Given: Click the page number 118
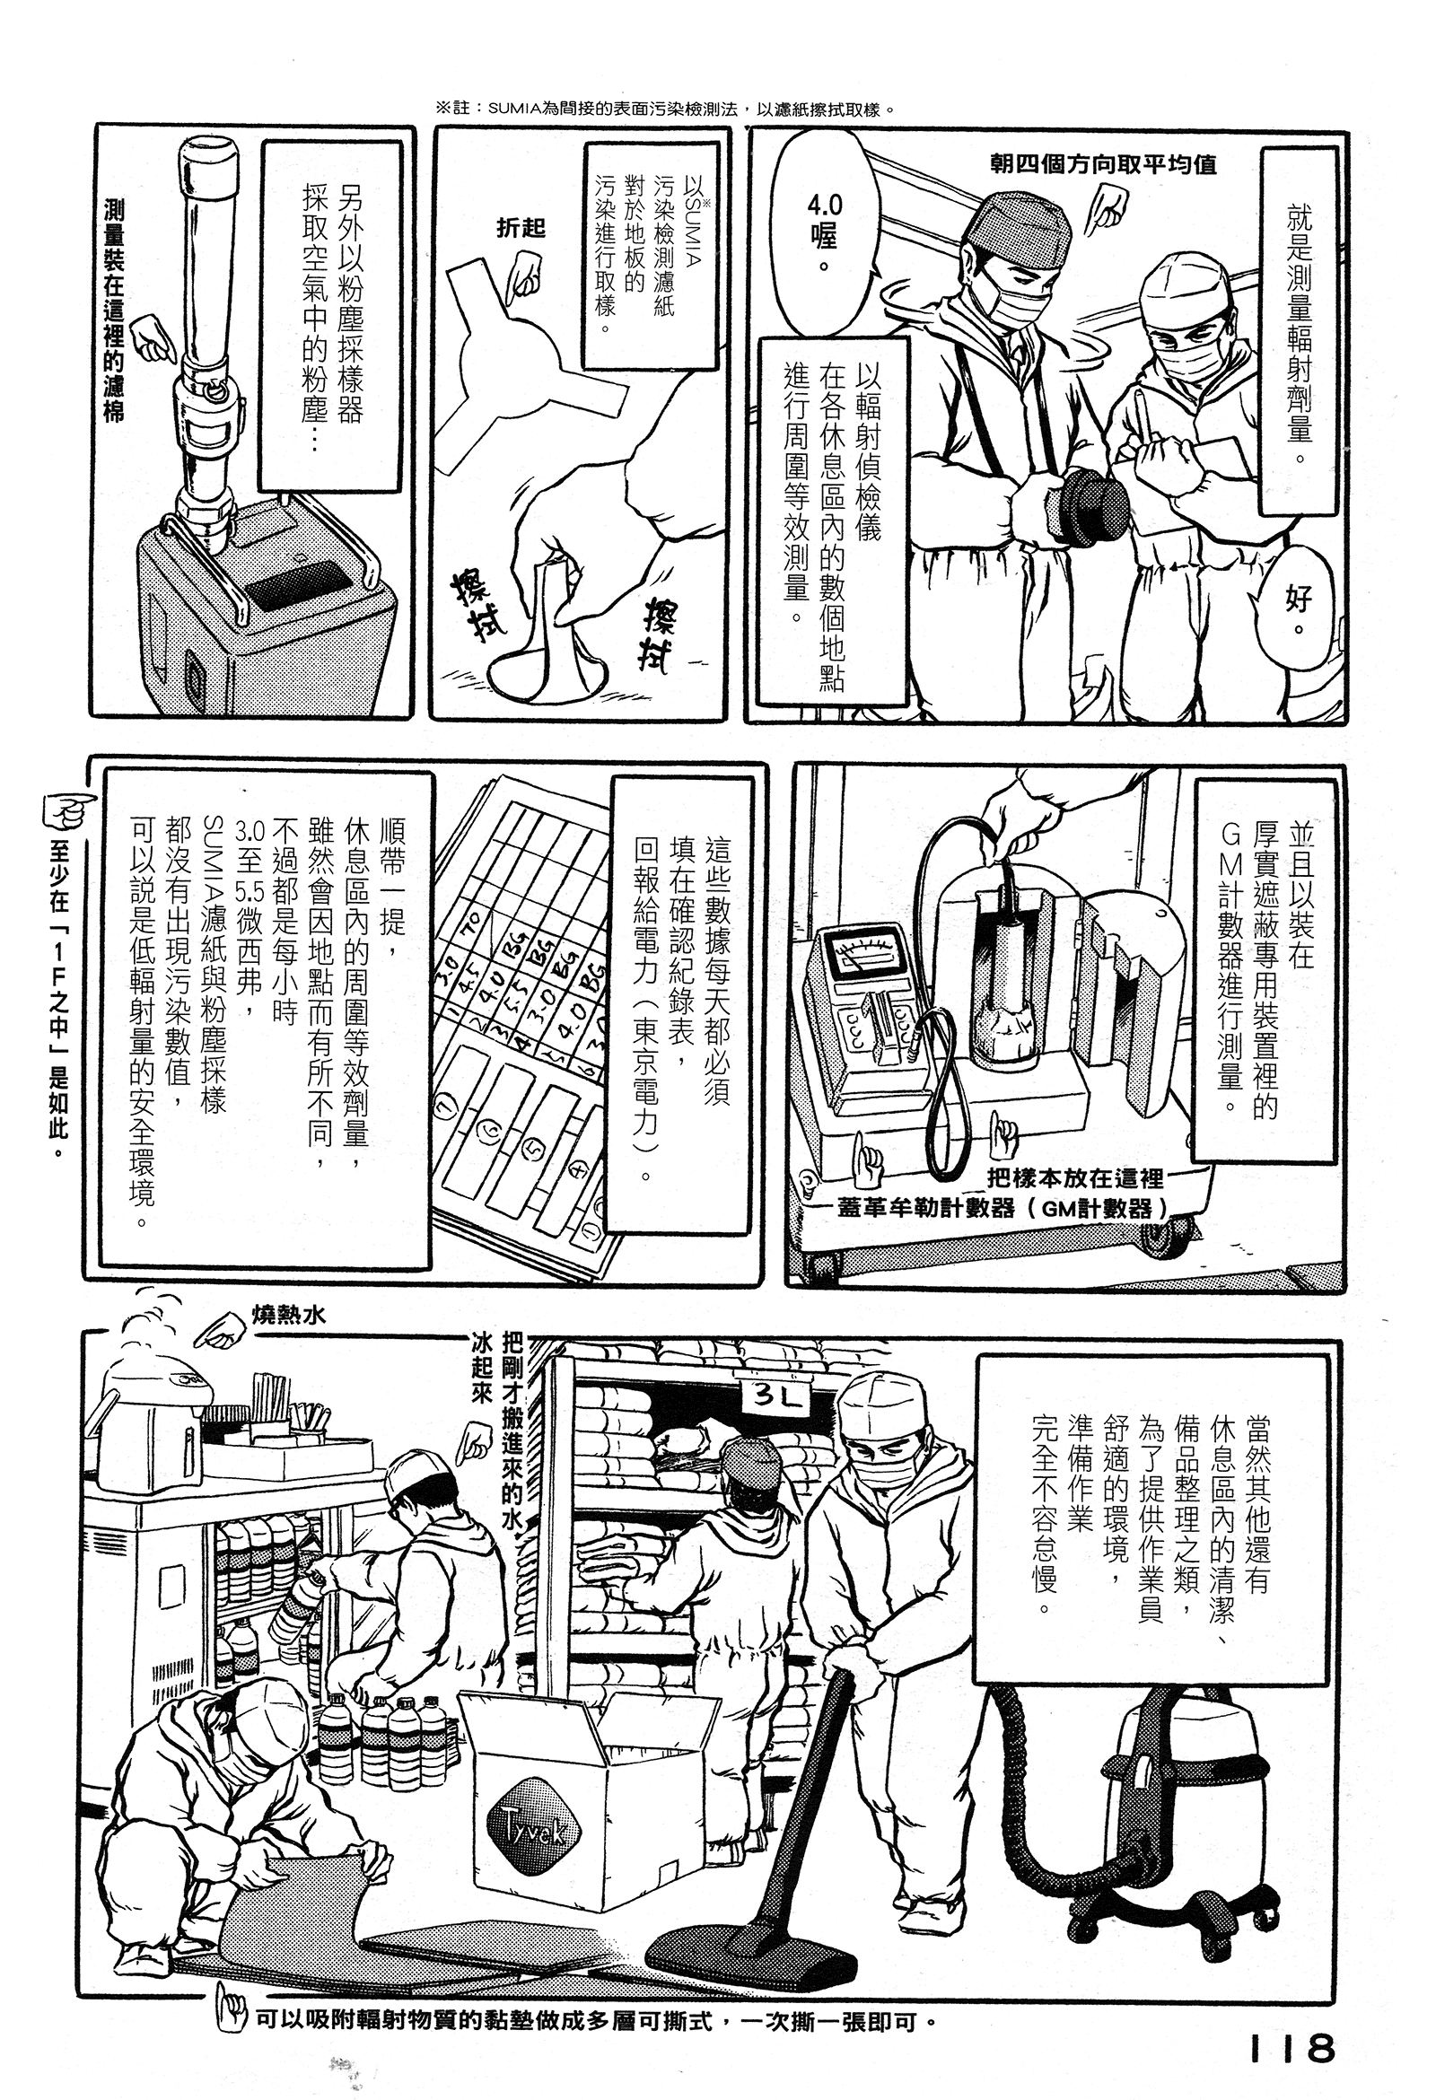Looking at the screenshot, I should pos(1292,2022).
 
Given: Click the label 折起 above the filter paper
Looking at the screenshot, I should pos(521,229).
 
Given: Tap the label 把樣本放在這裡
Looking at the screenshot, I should pos(1075,1178).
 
